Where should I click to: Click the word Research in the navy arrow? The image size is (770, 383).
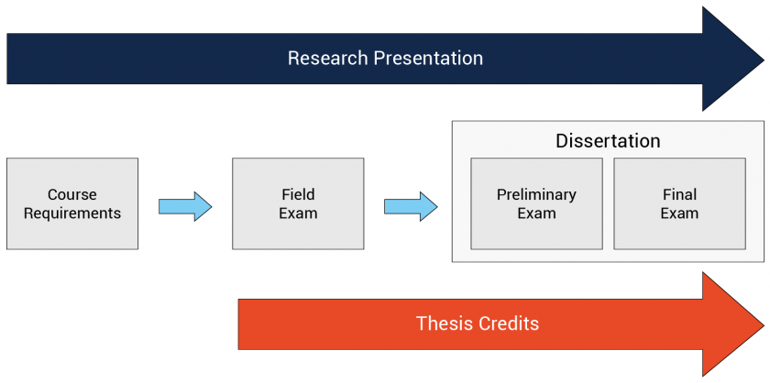328,59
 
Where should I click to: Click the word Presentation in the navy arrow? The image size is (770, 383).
428,59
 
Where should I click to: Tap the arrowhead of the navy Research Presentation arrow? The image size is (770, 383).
732,59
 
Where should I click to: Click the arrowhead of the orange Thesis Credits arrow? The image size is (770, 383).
732,324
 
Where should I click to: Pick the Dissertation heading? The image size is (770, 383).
608,141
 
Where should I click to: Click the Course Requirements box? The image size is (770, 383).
72,203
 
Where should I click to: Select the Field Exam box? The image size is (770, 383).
298,203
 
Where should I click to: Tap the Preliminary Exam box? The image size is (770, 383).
537,203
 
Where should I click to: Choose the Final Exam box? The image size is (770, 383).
679,203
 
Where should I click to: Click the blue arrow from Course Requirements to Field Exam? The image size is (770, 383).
185,207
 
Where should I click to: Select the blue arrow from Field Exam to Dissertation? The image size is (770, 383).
411,207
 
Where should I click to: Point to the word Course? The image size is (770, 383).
72,195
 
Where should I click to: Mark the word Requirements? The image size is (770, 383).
72,214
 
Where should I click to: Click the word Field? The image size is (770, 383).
298,195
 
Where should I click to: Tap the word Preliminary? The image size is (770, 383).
537,195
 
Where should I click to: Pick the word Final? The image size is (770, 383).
679,195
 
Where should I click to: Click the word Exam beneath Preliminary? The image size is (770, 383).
537,213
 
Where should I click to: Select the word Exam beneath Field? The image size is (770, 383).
298,213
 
